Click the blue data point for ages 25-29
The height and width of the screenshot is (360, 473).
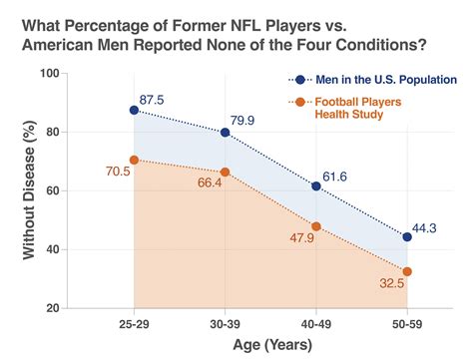click(135, 110)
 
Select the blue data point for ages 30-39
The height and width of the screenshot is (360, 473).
click(226, 132)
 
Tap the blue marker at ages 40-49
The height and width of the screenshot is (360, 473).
click(316, 185)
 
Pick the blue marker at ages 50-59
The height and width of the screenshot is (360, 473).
click(407, 236)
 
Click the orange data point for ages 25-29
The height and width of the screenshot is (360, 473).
click(135, 160)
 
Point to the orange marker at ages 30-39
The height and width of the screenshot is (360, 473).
click(226, 172)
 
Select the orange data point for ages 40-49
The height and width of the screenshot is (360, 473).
click(316, 226)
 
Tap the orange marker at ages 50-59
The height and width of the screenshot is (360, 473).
click(407, 271)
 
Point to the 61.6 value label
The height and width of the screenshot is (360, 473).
click(343, 176)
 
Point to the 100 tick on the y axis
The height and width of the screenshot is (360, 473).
click(77, 74)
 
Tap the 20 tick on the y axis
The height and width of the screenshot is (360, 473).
click(81, 308)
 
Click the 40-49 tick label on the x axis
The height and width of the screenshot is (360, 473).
click(316, 325)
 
